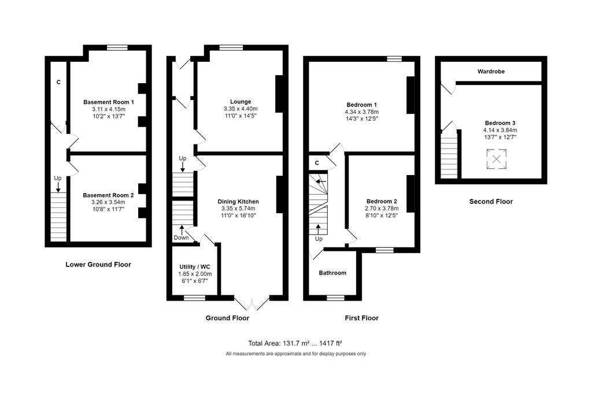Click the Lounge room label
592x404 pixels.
(x=240, y=102)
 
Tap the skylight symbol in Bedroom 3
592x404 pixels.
(x=497, y=159)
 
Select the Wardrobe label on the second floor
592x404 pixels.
(x=491, y=71)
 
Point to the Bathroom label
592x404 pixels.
(x=332, y=273)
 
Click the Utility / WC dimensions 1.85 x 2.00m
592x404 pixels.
(x=195, y=274)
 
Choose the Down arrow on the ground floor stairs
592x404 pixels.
(x=182, y=229)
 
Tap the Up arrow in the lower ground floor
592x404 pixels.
(x=58, y=187)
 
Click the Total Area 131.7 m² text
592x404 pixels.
(x=279, y=343)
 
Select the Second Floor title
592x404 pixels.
(x=491, y=201)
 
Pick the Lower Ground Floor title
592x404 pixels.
(x=98, y=264)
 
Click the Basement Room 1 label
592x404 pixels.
(x=108, y=102)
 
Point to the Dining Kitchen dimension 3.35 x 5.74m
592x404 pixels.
(x=238, y=209)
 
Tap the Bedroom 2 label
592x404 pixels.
(x=382, y=201)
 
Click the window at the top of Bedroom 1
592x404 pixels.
(x=394, y=58)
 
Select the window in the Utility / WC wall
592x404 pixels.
(x=194, y=298)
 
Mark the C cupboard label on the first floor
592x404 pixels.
(x=317, y=163)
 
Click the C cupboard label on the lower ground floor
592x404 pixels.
(x=58, y=82)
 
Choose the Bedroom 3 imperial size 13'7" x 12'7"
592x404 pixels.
(x=500, y=137)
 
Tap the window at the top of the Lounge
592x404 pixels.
(x=231, y=47)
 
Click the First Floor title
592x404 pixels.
(x=361, y=318)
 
